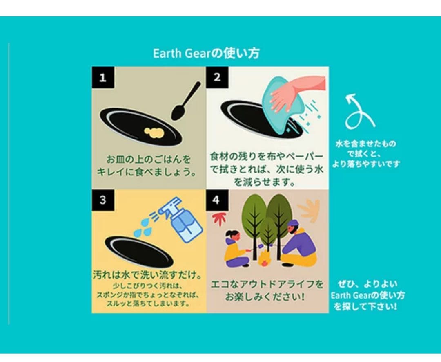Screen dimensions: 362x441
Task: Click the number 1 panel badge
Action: (x=102, y=78)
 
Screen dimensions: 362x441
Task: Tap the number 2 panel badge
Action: (x=217, y=77)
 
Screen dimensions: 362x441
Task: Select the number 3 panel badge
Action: (x=102, y=200)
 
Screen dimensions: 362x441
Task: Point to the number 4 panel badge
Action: (x=216, y=200)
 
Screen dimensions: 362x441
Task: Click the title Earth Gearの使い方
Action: (x=206, y=54)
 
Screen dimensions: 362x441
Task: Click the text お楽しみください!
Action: (x=263, y=296)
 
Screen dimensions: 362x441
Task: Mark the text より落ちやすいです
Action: (x=365, y=164)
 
